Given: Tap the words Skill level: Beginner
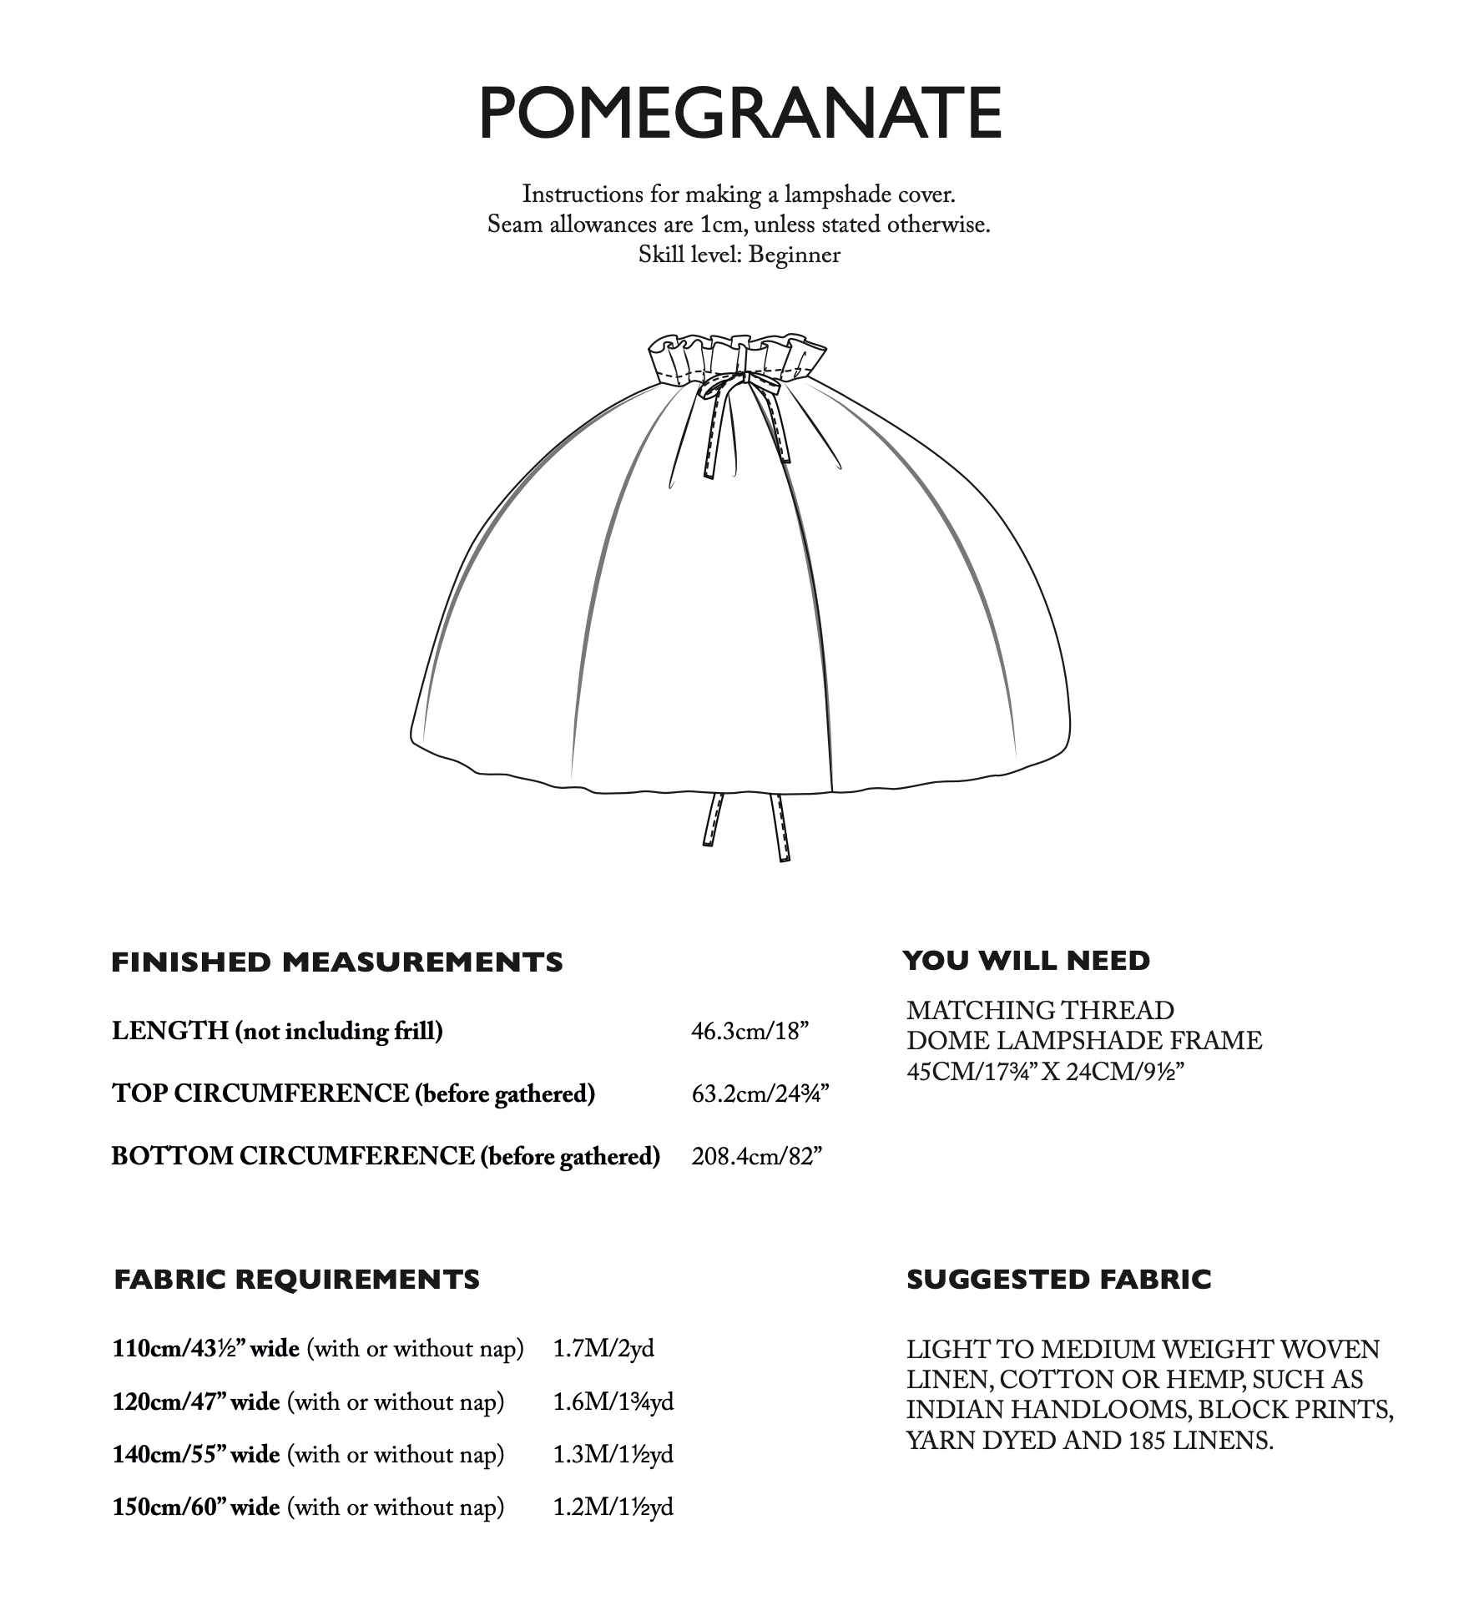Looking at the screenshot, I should [x=739, y=255].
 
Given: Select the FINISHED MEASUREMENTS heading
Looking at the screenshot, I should [x=337, y=962].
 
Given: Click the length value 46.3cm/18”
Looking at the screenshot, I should [x=750, y=1032].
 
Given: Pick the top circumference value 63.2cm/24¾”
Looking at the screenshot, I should [x=760, y=1093].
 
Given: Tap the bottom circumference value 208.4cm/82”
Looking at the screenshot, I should [x=756, y=1156].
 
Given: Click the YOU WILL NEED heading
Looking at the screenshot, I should [x=1027, y=961].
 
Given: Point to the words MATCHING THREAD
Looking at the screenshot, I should [x=1040, y=1011].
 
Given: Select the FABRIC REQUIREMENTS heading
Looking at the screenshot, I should [x=297, y=1280].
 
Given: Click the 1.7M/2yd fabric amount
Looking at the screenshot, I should [x=603, y=1349].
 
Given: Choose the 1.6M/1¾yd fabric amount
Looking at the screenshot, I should [x=613, y=1401].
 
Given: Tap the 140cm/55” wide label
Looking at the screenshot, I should [x=196, y=1455].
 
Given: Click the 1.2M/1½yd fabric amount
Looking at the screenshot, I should [x=613, y=1507].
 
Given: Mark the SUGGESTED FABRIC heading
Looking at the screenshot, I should [x=1058, y=1280].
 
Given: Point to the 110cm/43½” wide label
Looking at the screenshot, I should [x=206, y=1349].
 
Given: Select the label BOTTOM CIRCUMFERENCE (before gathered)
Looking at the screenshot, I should [x=386, y=1156].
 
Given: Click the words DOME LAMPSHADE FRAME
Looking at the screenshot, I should [x=1084, y=1041].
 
